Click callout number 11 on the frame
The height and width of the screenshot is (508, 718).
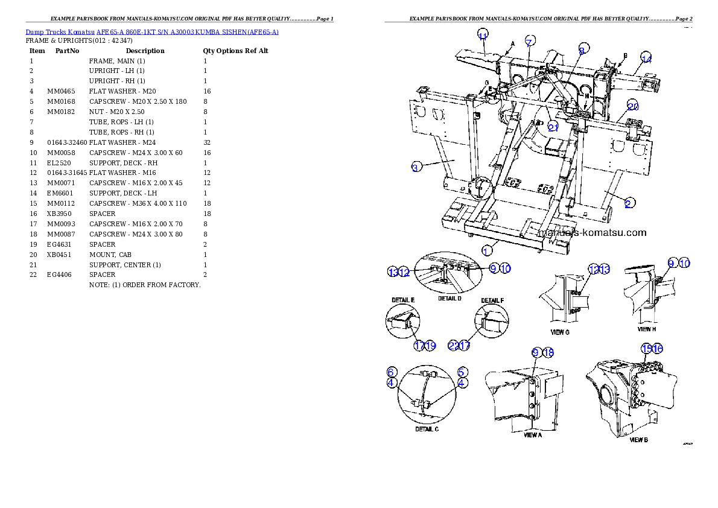[483, 36]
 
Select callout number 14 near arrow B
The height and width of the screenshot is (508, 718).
[646, 59]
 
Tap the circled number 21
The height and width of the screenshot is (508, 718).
[554, 126]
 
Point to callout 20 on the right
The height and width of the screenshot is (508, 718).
[632, 106]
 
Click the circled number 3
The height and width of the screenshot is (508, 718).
[416, 167]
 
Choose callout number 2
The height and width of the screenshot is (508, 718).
[628, 203]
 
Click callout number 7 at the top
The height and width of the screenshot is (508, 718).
[529, 42]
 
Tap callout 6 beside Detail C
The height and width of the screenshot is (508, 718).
[392, 372]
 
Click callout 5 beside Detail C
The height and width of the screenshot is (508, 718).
[462, 372]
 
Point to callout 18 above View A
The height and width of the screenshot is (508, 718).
[548, 352]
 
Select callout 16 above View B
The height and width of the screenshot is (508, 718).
[657, 348]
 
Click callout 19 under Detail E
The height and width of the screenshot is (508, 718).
[430, 346]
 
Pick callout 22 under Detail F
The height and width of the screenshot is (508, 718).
[454, 346]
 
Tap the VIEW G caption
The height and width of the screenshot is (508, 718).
[559, 332]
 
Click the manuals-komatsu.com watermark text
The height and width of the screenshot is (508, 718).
[591, 232]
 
